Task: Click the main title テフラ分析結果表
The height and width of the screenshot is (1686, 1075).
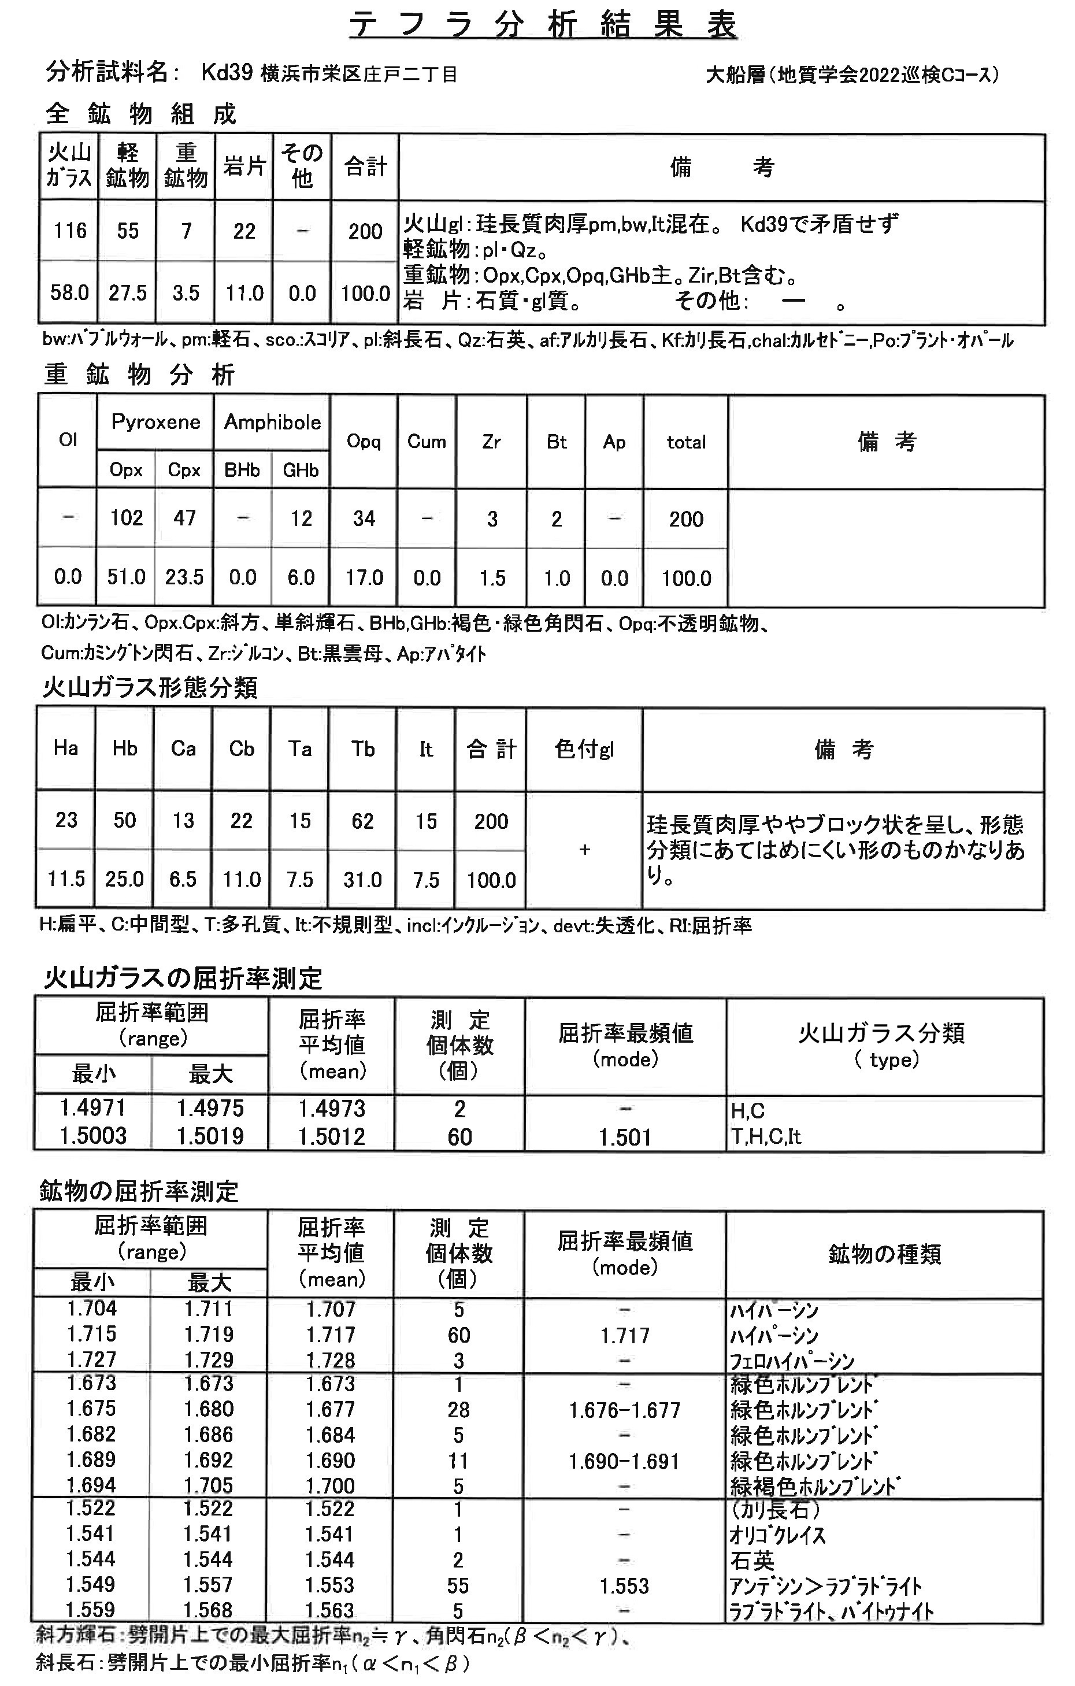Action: pos(543,25)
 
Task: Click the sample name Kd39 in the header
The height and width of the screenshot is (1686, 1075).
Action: pos(226,73)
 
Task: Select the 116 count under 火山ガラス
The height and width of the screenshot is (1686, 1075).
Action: pos(70,231)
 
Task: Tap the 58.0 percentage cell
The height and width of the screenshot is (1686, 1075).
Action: pos(69,292)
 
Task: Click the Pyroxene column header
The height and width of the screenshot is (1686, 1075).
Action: pos(155,421)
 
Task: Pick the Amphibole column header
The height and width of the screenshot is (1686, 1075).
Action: pos(272,421)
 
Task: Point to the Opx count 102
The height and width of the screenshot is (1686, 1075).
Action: pos(126,518)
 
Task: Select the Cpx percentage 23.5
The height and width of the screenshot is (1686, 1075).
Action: pos(184,577)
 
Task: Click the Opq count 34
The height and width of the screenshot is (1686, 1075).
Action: pos(364,519)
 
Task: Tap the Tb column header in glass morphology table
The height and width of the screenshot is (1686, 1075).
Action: pos(363,749)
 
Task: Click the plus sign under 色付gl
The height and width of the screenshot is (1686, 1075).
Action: pos(585,849)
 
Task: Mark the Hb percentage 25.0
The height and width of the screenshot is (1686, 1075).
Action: pos(125,879)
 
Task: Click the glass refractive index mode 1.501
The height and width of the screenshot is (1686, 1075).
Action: pos(625,1137)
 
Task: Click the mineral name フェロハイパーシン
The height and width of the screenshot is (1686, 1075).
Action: pos(791,1361)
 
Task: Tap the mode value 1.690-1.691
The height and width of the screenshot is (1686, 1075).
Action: pos(624,1461)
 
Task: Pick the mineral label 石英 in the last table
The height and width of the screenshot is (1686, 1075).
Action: pos(752,1561)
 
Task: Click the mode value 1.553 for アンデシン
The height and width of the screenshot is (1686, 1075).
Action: pos(624,1586)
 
